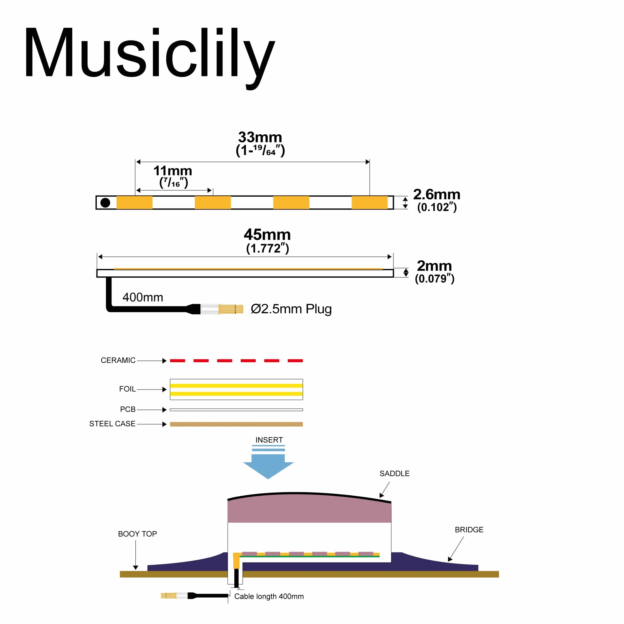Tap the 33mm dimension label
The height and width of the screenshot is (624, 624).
coord(260,137)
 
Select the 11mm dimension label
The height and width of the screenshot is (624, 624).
coord(173,171)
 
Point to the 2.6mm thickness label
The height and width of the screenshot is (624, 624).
coord(437,195)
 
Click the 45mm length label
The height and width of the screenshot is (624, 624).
coord(267,235)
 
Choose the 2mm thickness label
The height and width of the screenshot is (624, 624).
coord(434,266)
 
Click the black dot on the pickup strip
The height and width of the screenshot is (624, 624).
coord(105,203)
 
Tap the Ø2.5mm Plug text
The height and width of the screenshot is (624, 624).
coord(291,309)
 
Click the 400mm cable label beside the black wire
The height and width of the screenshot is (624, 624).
coord(143,297)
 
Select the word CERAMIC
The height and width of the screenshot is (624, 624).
coord(118,360)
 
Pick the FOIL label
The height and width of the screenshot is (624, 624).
coord(127,389)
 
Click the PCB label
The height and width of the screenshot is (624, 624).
coord(128,409)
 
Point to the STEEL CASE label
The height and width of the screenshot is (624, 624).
coord(112,424)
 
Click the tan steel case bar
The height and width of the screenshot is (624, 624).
coord(237,424)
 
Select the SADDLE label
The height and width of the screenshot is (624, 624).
coord(395,474)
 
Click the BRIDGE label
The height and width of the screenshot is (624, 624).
coord(469,530)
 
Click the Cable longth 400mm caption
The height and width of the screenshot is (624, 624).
coord(269,597)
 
